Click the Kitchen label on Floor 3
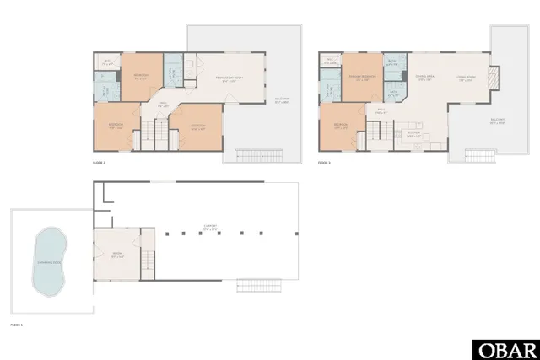[x=413, y=133]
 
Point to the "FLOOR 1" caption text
[x=17, y=325]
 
